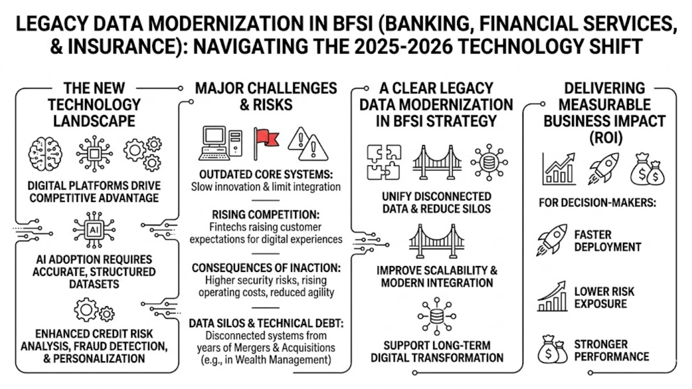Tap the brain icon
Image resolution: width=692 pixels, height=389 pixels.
tap(45, 154)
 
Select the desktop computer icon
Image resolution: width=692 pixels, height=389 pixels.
tap(220, 143)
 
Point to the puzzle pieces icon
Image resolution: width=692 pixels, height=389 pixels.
tap(384, 162)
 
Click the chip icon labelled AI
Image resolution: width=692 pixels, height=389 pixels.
tap(94, 230)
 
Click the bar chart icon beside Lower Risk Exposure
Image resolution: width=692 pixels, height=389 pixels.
tap(552, 297)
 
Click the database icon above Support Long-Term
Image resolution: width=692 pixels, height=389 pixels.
tap(436, 316)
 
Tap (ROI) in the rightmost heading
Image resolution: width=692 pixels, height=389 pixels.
tap(605, 138)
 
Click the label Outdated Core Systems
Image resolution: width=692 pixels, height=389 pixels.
tap(266, 175)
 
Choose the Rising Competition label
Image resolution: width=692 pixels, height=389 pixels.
tap(266, 215)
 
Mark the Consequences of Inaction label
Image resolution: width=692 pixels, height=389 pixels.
tap(266, 268)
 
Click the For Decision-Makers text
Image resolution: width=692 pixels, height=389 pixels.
tap(597, 203)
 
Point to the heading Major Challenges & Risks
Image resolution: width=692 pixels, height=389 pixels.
tap(266, 97)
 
